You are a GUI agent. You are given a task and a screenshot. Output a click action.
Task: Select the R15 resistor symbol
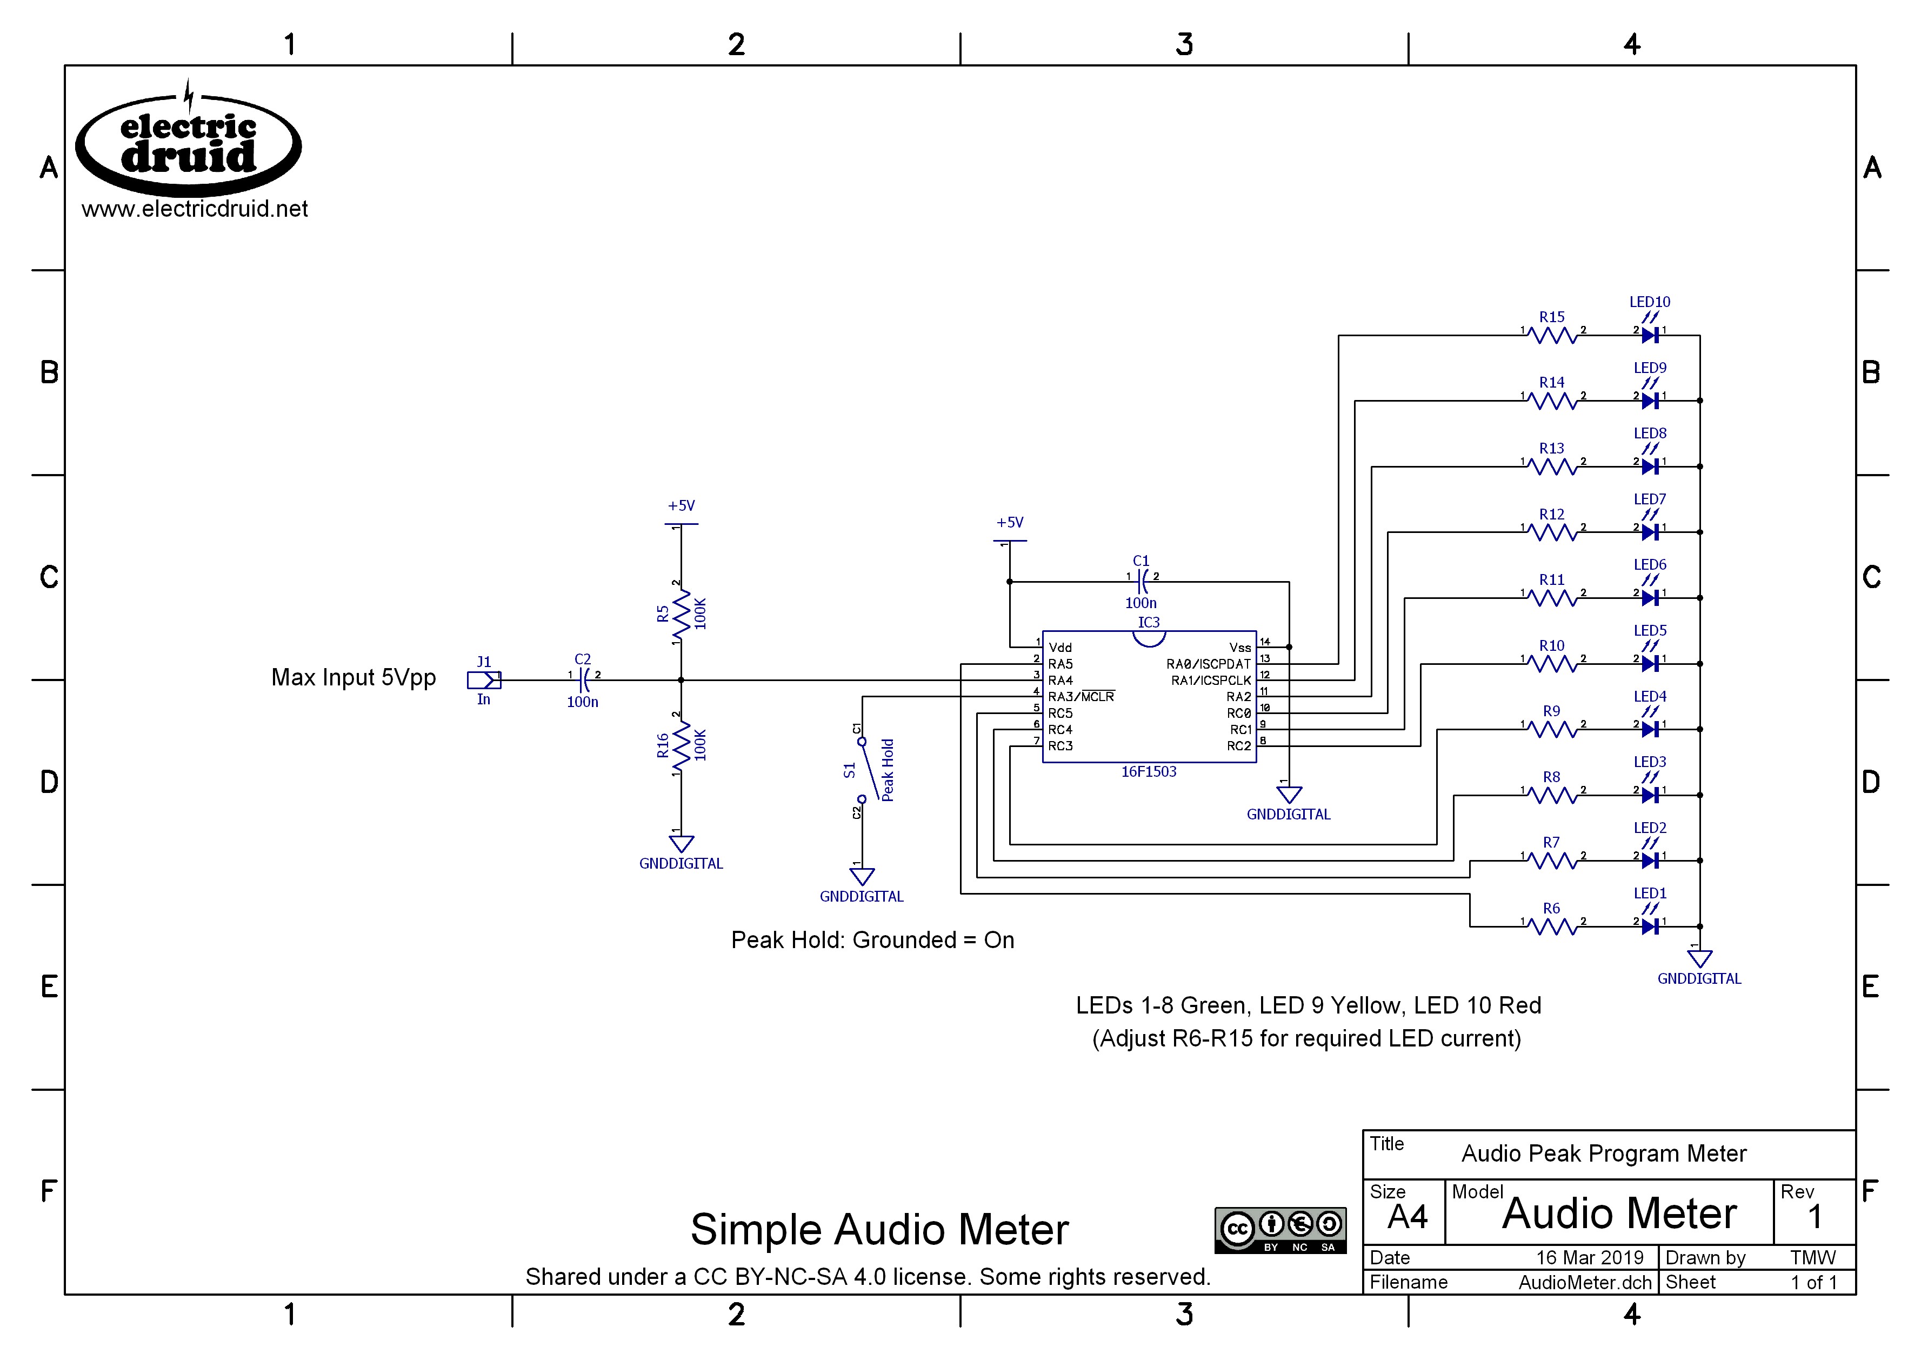(x=1552, y=336)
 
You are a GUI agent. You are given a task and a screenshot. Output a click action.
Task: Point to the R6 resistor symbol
(x=1552, y=926)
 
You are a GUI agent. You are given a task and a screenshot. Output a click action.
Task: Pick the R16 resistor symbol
(x=681, y=745)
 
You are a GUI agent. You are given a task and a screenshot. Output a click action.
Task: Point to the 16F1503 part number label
(x=1148, y=771)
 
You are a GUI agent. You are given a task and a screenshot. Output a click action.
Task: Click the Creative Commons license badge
(x=1279, y=1229)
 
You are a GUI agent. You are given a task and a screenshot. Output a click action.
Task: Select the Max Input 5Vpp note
(x=353, y=677)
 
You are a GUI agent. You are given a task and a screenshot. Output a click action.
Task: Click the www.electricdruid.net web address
(x=194, y=209)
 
